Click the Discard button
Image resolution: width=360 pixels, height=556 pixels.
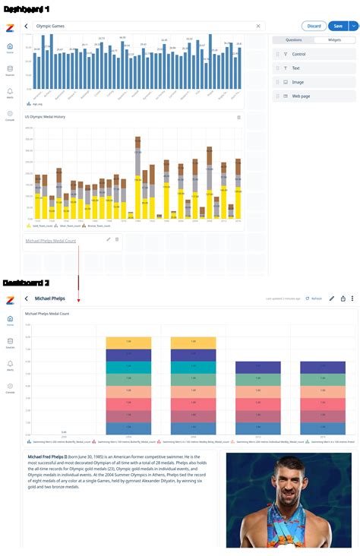[314, 26]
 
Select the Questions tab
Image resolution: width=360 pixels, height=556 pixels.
[292, 39]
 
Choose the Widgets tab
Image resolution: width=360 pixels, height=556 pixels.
[334, 39]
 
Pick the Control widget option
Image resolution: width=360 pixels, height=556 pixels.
[298, 55]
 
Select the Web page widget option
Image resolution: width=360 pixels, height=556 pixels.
[301, 96]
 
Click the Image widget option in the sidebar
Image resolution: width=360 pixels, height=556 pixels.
[298, 82]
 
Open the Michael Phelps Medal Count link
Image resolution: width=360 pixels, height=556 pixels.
[50, 241]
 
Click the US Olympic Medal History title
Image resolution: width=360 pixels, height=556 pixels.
[45, 117]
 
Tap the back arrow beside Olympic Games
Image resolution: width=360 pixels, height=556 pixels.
[26, 26]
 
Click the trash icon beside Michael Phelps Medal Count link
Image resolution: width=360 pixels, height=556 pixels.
[117, 239]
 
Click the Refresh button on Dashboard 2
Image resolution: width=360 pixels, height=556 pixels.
[314, 299]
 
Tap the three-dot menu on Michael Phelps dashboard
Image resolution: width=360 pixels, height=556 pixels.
[352, 299]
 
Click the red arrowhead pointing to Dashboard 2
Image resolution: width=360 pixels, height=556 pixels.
[78, 300]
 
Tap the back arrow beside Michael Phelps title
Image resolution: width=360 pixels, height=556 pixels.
[26, 299]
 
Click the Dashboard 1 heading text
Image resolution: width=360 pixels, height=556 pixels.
[27, 8]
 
